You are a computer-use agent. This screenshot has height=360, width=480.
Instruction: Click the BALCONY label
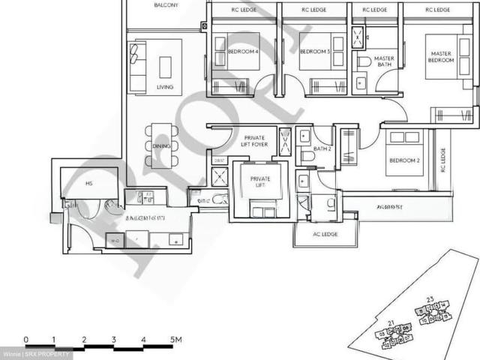click(x=166, y=4)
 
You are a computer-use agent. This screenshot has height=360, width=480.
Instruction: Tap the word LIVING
click(x=165, y=87)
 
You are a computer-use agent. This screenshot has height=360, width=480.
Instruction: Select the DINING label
click(x=161, y=145)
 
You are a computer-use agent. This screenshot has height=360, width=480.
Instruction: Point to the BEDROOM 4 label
click(x=243, y=52)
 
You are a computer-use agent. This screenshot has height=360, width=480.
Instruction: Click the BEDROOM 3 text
click(x=315, y=52)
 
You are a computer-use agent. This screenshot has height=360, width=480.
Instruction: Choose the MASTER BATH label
click(x=384, y=61)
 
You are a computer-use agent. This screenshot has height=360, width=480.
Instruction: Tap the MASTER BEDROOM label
click(x=442, y=56)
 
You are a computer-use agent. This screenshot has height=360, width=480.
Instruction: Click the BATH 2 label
click(x=322, y=148)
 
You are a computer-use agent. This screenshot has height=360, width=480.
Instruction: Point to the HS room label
click(x=88, y=182)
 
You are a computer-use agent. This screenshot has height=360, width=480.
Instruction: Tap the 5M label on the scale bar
click(x=177, y=340)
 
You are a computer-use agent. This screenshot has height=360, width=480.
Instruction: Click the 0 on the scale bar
click(x=26, y=340)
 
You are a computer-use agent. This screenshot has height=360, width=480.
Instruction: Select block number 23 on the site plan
click(x=429, y=300)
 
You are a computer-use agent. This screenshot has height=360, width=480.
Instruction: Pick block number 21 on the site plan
click(x=391, y=322)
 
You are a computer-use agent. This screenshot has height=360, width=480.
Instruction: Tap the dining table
click(x=161, y=145)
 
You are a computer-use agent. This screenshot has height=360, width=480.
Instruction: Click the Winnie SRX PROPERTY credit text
click(x=37, y=354)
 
